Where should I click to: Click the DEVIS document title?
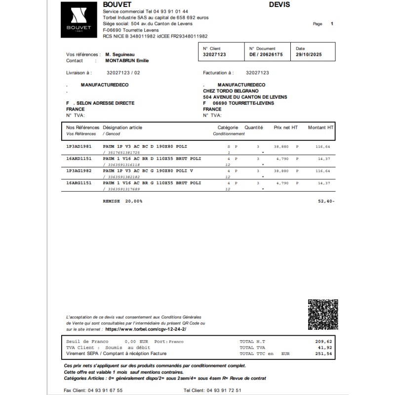click(279, 5)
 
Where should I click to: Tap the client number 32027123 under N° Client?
click(214, 54)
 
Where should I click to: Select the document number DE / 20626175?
click(266, 54)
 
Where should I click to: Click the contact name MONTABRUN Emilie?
click(127, 61)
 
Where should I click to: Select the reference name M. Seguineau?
click(120, 55)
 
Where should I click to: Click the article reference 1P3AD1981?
click(79, 147)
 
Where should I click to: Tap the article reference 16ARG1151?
click(79, 183)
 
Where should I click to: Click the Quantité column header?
click(254, 127)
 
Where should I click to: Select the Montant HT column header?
click(320, 127)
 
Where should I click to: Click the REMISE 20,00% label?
click(122, 201)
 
